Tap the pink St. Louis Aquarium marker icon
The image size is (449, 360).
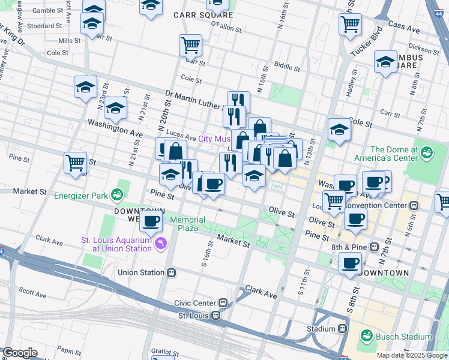(x=160, y=243)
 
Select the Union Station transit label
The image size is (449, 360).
(x=141, y=272)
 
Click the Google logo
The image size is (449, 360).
(x=20, y=353)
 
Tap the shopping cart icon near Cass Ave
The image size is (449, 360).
(x=350, y=25)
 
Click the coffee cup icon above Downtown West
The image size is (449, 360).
(x=151, y=220)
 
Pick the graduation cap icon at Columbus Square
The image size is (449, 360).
(x=385, y=62)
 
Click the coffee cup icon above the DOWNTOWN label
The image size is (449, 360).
(x=350, y=262)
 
